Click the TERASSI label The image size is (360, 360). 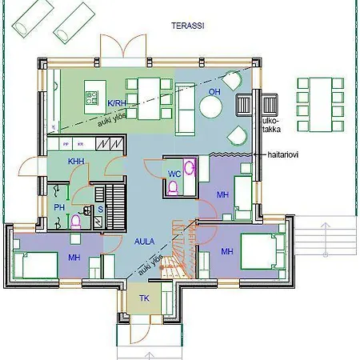point(187,26)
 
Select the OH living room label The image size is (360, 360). point(214,93)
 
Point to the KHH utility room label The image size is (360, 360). point(76,162)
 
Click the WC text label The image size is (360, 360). point(174,174)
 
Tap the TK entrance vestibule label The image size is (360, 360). point(144,298)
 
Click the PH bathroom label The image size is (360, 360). point(58,208)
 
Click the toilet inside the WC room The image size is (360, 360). point(174,189)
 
